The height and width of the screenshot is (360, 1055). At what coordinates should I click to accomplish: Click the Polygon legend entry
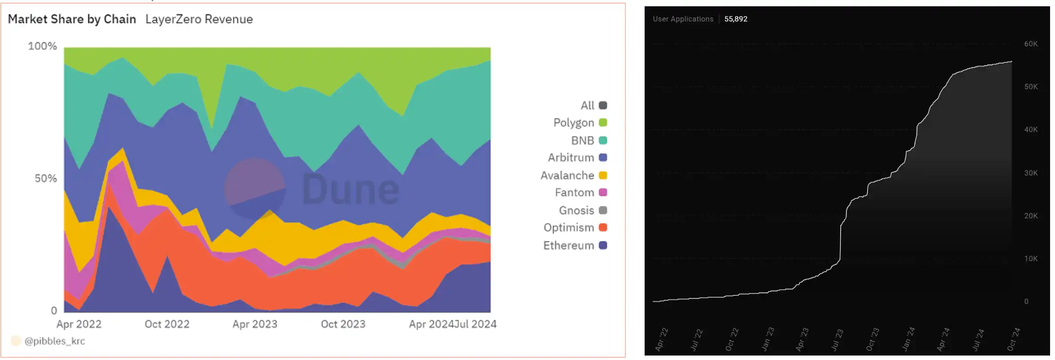tap(579, 123)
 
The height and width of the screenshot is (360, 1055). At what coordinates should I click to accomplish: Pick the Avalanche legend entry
tap(573, 175)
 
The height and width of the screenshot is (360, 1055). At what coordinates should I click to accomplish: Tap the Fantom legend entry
tap(580, 192)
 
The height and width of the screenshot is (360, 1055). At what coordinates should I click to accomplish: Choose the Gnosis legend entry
tap(582, 210)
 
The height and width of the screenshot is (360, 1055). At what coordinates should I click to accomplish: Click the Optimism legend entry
tap(574, 228)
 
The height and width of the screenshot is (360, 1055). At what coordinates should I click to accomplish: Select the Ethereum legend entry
tap(574, 246)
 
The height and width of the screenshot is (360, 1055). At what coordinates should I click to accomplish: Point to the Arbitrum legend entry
tap(577, 157)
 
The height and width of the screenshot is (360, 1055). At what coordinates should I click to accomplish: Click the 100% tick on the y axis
tap(42, 46)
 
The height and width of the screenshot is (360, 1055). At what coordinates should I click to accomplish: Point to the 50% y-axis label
tap(46, 178)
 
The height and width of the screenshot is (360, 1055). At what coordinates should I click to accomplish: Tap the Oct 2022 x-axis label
tap(167, 324)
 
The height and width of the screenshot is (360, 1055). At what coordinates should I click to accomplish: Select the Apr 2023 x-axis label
tap(255, 324)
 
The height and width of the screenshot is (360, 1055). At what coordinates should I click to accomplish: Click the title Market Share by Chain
tap(72, 19)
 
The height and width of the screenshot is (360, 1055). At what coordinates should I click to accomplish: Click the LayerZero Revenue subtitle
tap(199, 19)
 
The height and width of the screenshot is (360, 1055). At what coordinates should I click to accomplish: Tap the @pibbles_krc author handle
tap(55, 341)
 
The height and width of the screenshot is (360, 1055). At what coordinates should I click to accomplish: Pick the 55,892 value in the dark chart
tap(736, 19)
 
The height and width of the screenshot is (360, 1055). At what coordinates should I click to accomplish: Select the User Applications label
tap(683, 19)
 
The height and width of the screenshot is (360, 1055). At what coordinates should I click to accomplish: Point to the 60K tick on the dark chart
tap(1031, 44)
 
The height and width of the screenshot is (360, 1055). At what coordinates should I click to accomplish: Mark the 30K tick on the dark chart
tap(1031, 173)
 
